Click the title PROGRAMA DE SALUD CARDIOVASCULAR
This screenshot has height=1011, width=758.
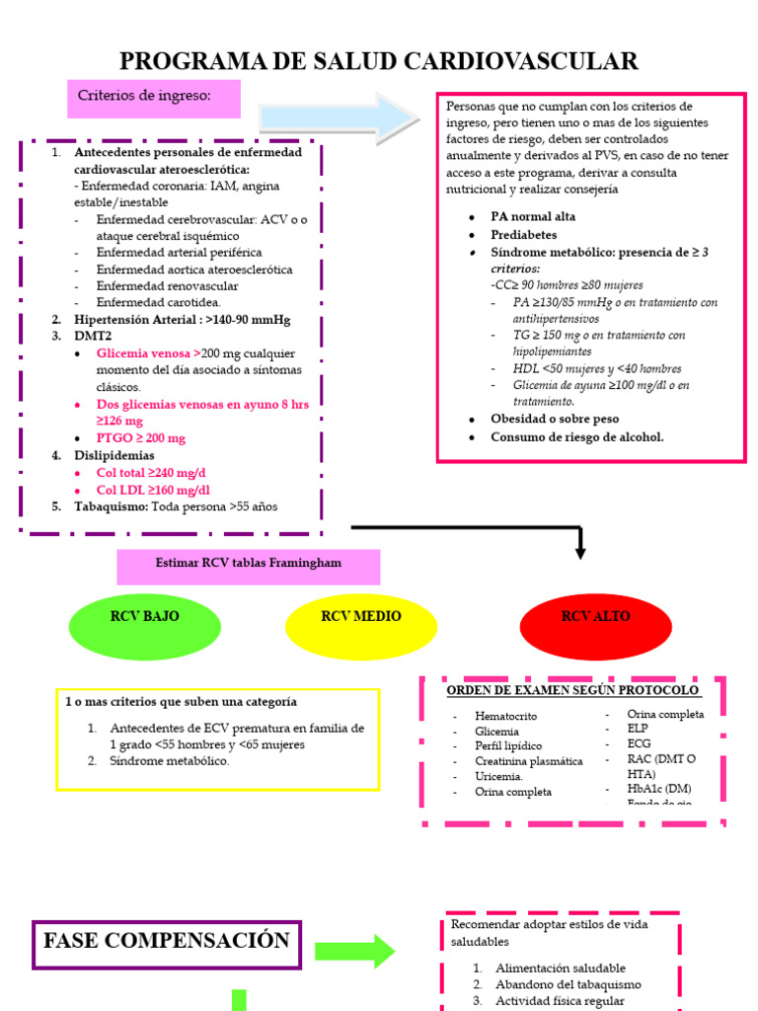(379, 62)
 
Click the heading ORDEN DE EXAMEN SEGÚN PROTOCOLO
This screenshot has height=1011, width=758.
(572, 689)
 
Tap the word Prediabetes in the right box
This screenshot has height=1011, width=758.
(524, 235)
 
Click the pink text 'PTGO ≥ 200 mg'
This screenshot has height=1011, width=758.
(141, 437)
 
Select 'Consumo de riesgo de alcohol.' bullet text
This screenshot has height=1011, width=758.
(577, 436)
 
